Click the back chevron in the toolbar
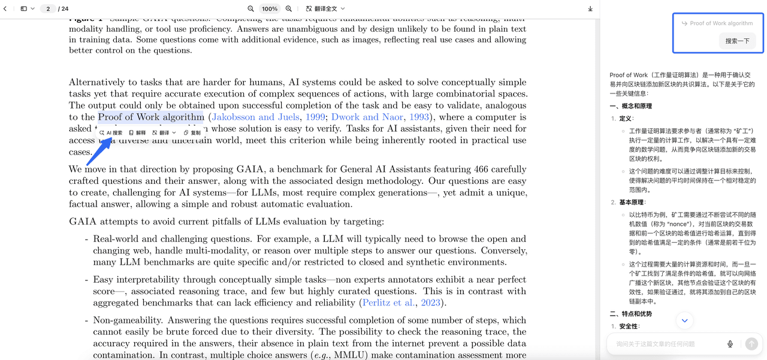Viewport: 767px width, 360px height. point(5,9)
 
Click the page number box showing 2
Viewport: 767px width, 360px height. point(48,9)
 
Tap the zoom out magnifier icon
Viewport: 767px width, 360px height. point(251,9)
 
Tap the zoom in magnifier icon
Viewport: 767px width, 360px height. point(289,9)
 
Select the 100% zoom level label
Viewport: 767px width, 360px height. point(270,9)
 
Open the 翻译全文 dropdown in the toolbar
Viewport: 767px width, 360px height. point(325,9)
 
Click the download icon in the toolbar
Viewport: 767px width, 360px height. point(590,9)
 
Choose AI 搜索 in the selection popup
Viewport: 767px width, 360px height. point(111,132)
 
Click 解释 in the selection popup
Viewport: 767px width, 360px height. point(137,132)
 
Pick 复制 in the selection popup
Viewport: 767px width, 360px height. point(192,132)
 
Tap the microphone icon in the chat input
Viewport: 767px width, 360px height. point(730,344)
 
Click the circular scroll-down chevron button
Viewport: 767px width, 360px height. point(684,321)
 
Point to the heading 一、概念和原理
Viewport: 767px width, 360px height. point(630,106)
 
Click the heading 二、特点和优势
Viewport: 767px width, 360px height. point(630,314)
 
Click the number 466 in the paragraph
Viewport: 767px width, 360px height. point(481,169)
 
